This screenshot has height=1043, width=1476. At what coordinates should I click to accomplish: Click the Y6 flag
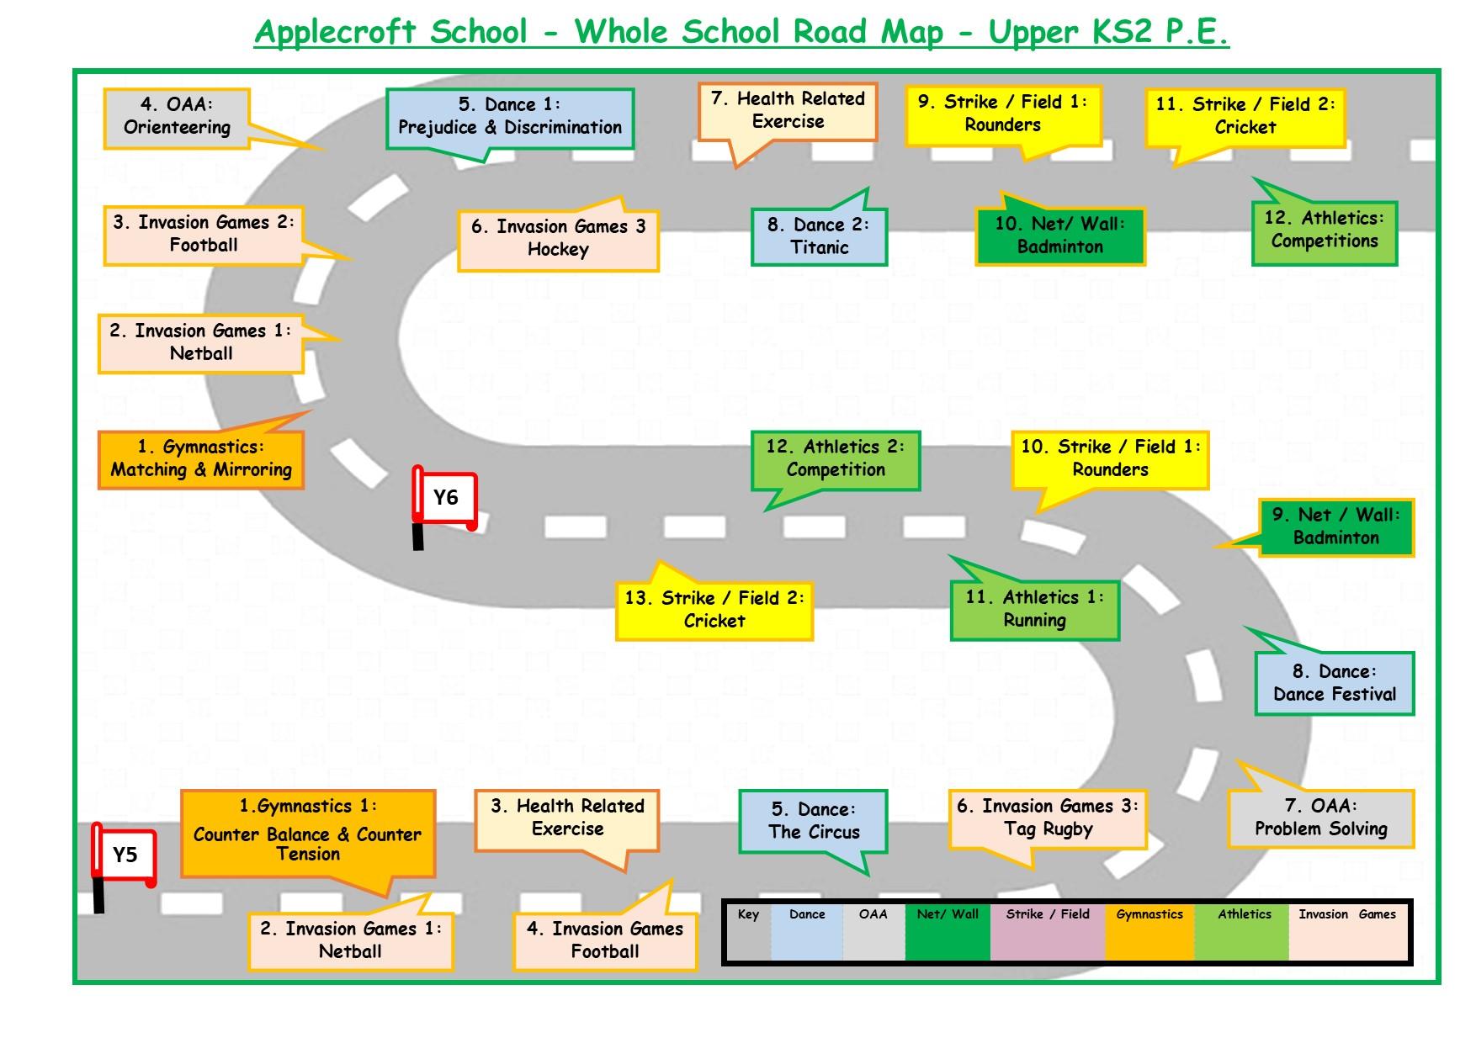click(444, 499)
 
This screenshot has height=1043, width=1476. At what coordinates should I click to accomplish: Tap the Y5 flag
click(125, 856)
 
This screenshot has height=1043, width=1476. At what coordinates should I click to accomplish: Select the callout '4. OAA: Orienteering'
click(177, 117)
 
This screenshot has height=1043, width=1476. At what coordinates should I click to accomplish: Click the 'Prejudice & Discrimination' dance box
click(509, 117)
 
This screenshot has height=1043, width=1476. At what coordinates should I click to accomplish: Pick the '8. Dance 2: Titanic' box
click(819, 236)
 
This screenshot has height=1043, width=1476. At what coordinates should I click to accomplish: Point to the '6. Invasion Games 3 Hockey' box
click(558, 239)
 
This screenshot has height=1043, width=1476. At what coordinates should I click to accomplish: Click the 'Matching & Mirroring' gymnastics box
click(201, 459)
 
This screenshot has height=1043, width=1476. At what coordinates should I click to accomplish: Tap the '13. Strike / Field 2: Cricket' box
click(714, 610)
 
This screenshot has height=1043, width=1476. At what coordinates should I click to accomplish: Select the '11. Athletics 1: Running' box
click(1034, 610)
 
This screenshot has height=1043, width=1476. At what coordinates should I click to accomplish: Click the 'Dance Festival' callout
click(1334, 683)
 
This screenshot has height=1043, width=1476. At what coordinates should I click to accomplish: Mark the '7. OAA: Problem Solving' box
click(1320, 818)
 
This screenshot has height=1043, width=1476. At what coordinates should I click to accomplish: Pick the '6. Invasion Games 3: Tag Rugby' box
click(1048, 818)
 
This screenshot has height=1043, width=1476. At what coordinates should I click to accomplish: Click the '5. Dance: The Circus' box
click(814, 822)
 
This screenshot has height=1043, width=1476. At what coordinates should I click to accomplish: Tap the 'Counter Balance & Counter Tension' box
click(308, 833)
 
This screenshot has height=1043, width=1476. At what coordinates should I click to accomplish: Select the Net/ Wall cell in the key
click(948, 931)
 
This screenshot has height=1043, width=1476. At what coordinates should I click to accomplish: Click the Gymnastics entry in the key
click(1149, 931)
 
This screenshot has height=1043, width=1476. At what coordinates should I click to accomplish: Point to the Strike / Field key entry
click(1048, 931)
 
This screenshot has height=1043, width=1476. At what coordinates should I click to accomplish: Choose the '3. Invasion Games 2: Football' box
click(204, 235)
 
